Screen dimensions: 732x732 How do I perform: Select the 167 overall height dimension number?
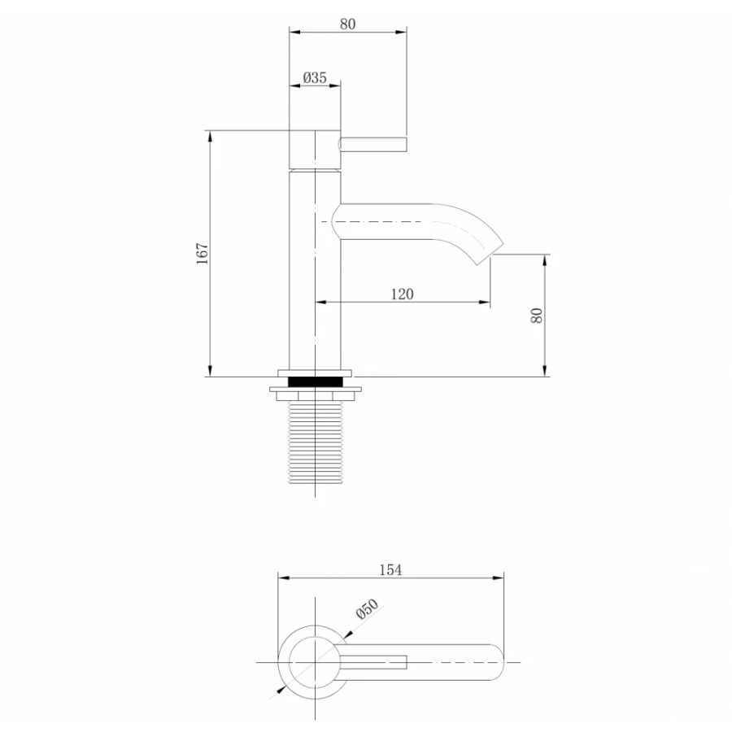tap(203, 252)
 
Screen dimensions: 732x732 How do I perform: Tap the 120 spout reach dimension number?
tap(402, 294)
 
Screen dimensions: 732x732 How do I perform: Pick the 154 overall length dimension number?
tap(390, 570)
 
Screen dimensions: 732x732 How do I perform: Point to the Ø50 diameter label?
tap(367, 612)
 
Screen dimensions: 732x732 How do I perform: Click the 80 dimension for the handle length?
tap(347, 24)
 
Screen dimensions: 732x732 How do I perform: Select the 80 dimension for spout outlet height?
tap(537, 316)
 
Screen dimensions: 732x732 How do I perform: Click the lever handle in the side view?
tap(373, 145)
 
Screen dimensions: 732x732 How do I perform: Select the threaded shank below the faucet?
tap(315, 444)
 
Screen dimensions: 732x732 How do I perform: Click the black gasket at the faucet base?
tap(315, 380)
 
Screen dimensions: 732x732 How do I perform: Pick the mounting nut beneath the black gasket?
tap(315, 394)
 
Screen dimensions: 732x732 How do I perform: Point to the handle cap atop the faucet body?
tap(315, 149)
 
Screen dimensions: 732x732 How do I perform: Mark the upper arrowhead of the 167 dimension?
tap(210, 135)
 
